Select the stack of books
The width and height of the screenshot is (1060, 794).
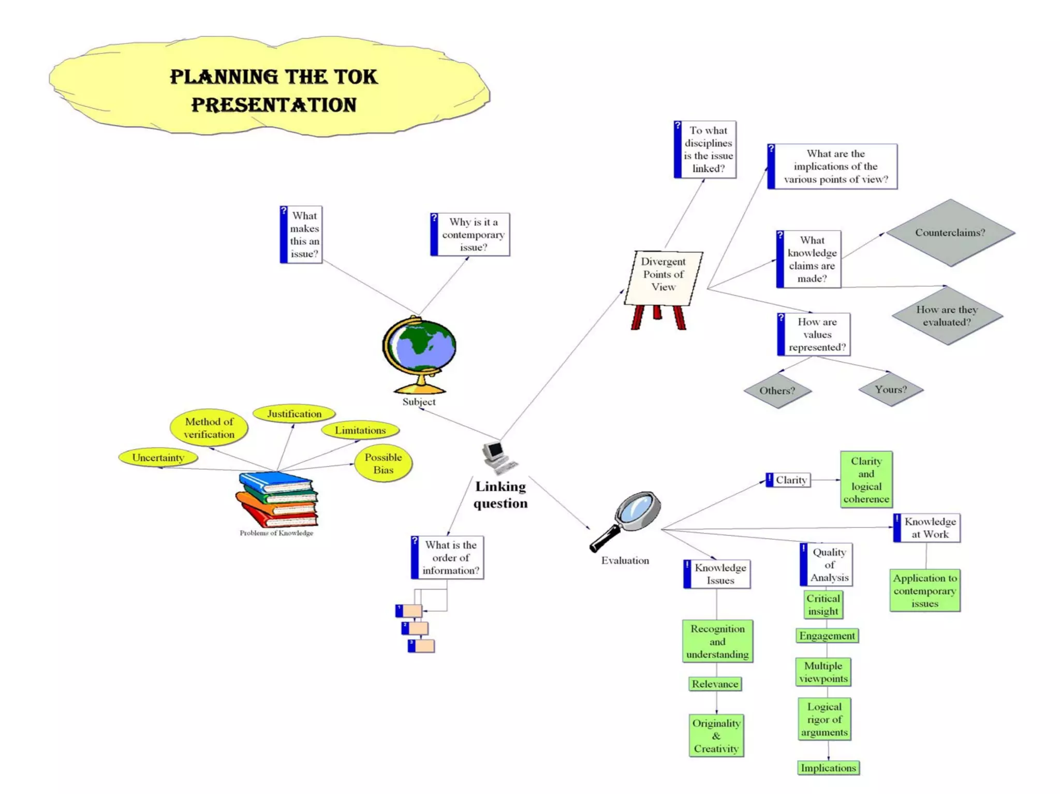tap(277, 499)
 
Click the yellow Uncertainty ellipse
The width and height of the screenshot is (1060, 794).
tap(158, 458)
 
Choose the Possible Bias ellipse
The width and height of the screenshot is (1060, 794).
tap(383, 463)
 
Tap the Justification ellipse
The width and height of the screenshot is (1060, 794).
tap(294, 414)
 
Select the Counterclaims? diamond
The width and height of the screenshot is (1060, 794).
tap(950, 232)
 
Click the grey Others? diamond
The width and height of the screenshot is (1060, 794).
tap(777, 390)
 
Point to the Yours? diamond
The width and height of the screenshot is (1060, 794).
tap(891, 389)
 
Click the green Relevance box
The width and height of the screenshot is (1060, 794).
tap(715, 684)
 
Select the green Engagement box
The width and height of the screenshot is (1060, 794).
tap(827, 636)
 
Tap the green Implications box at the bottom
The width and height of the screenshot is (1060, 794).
tap(828, 768)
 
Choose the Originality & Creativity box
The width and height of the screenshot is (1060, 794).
tap(716, 736)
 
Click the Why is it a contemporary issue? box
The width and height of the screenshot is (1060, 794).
tap(470, 234)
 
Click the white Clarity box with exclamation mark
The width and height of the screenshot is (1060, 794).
tap(788, 480)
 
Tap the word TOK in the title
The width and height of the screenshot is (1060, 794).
tap(355, 77)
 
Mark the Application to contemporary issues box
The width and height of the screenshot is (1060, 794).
tap(925, 591)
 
